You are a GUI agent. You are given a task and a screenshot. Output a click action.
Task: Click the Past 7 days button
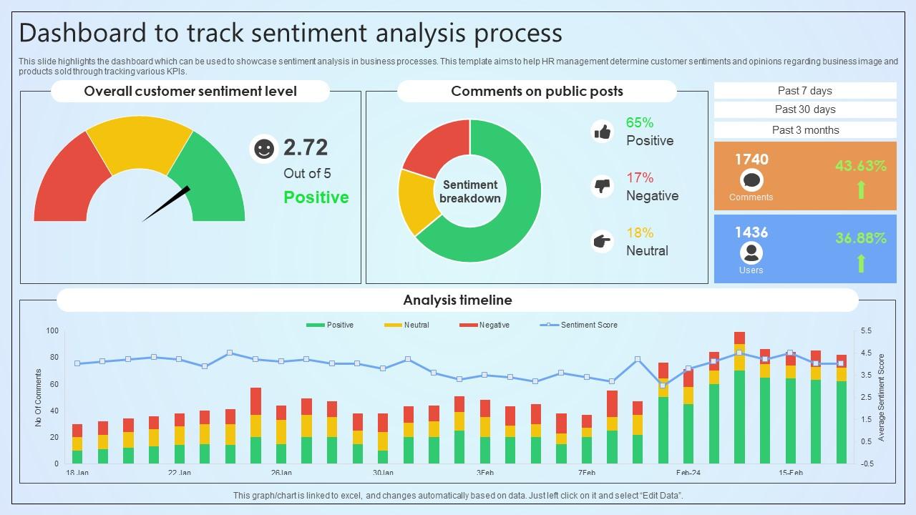click(x=805, y=91)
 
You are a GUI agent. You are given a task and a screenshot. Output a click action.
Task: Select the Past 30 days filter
click(x=805, y=109)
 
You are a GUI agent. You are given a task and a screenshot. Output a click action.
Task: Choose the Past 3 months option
click(x=805, y=130)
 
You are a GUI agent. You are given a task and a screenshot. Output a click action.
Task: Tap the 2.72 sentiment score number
click(x=306, y=147)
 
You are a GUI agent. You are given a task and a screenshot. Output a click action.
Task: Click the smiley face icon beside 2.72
click(x=264, y=149)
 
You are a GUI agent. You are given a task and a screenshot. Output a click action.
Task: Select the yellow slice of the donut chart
click(x=417, y=202)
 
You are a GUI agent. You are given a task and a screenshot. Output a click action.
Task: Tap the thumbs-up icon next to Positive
click(x=603, y=132)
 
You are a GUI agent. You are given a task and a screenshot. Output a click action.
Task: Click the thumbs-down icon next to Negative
click(x=603, y=187)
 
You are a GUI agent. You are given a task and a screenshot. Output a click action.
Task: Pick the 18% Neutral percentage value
click(x=640, y=232)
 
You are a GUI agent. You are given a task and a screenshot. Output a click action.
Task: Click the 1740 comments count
click(x=751, y=160)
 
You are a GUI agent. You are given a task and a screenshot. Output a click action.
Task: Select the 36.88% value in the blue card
click(x=861, y=238)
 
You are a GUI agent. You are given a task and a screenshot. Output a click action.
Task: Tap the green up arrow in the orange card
click(x=862, y=190)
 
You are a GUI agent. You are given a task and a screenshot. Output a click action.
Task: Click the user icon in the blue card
click(x=751, y=252)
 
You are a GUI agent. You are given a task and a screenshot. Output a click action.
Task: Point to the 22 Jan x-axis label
click(x=179, y=473)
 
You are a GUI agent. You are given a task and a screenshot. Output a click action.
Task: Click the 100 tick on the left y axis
click(x=52, y=330)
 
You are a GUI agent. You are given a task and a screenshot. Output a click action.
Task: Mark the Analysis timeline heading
click(x=457, y=300)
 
